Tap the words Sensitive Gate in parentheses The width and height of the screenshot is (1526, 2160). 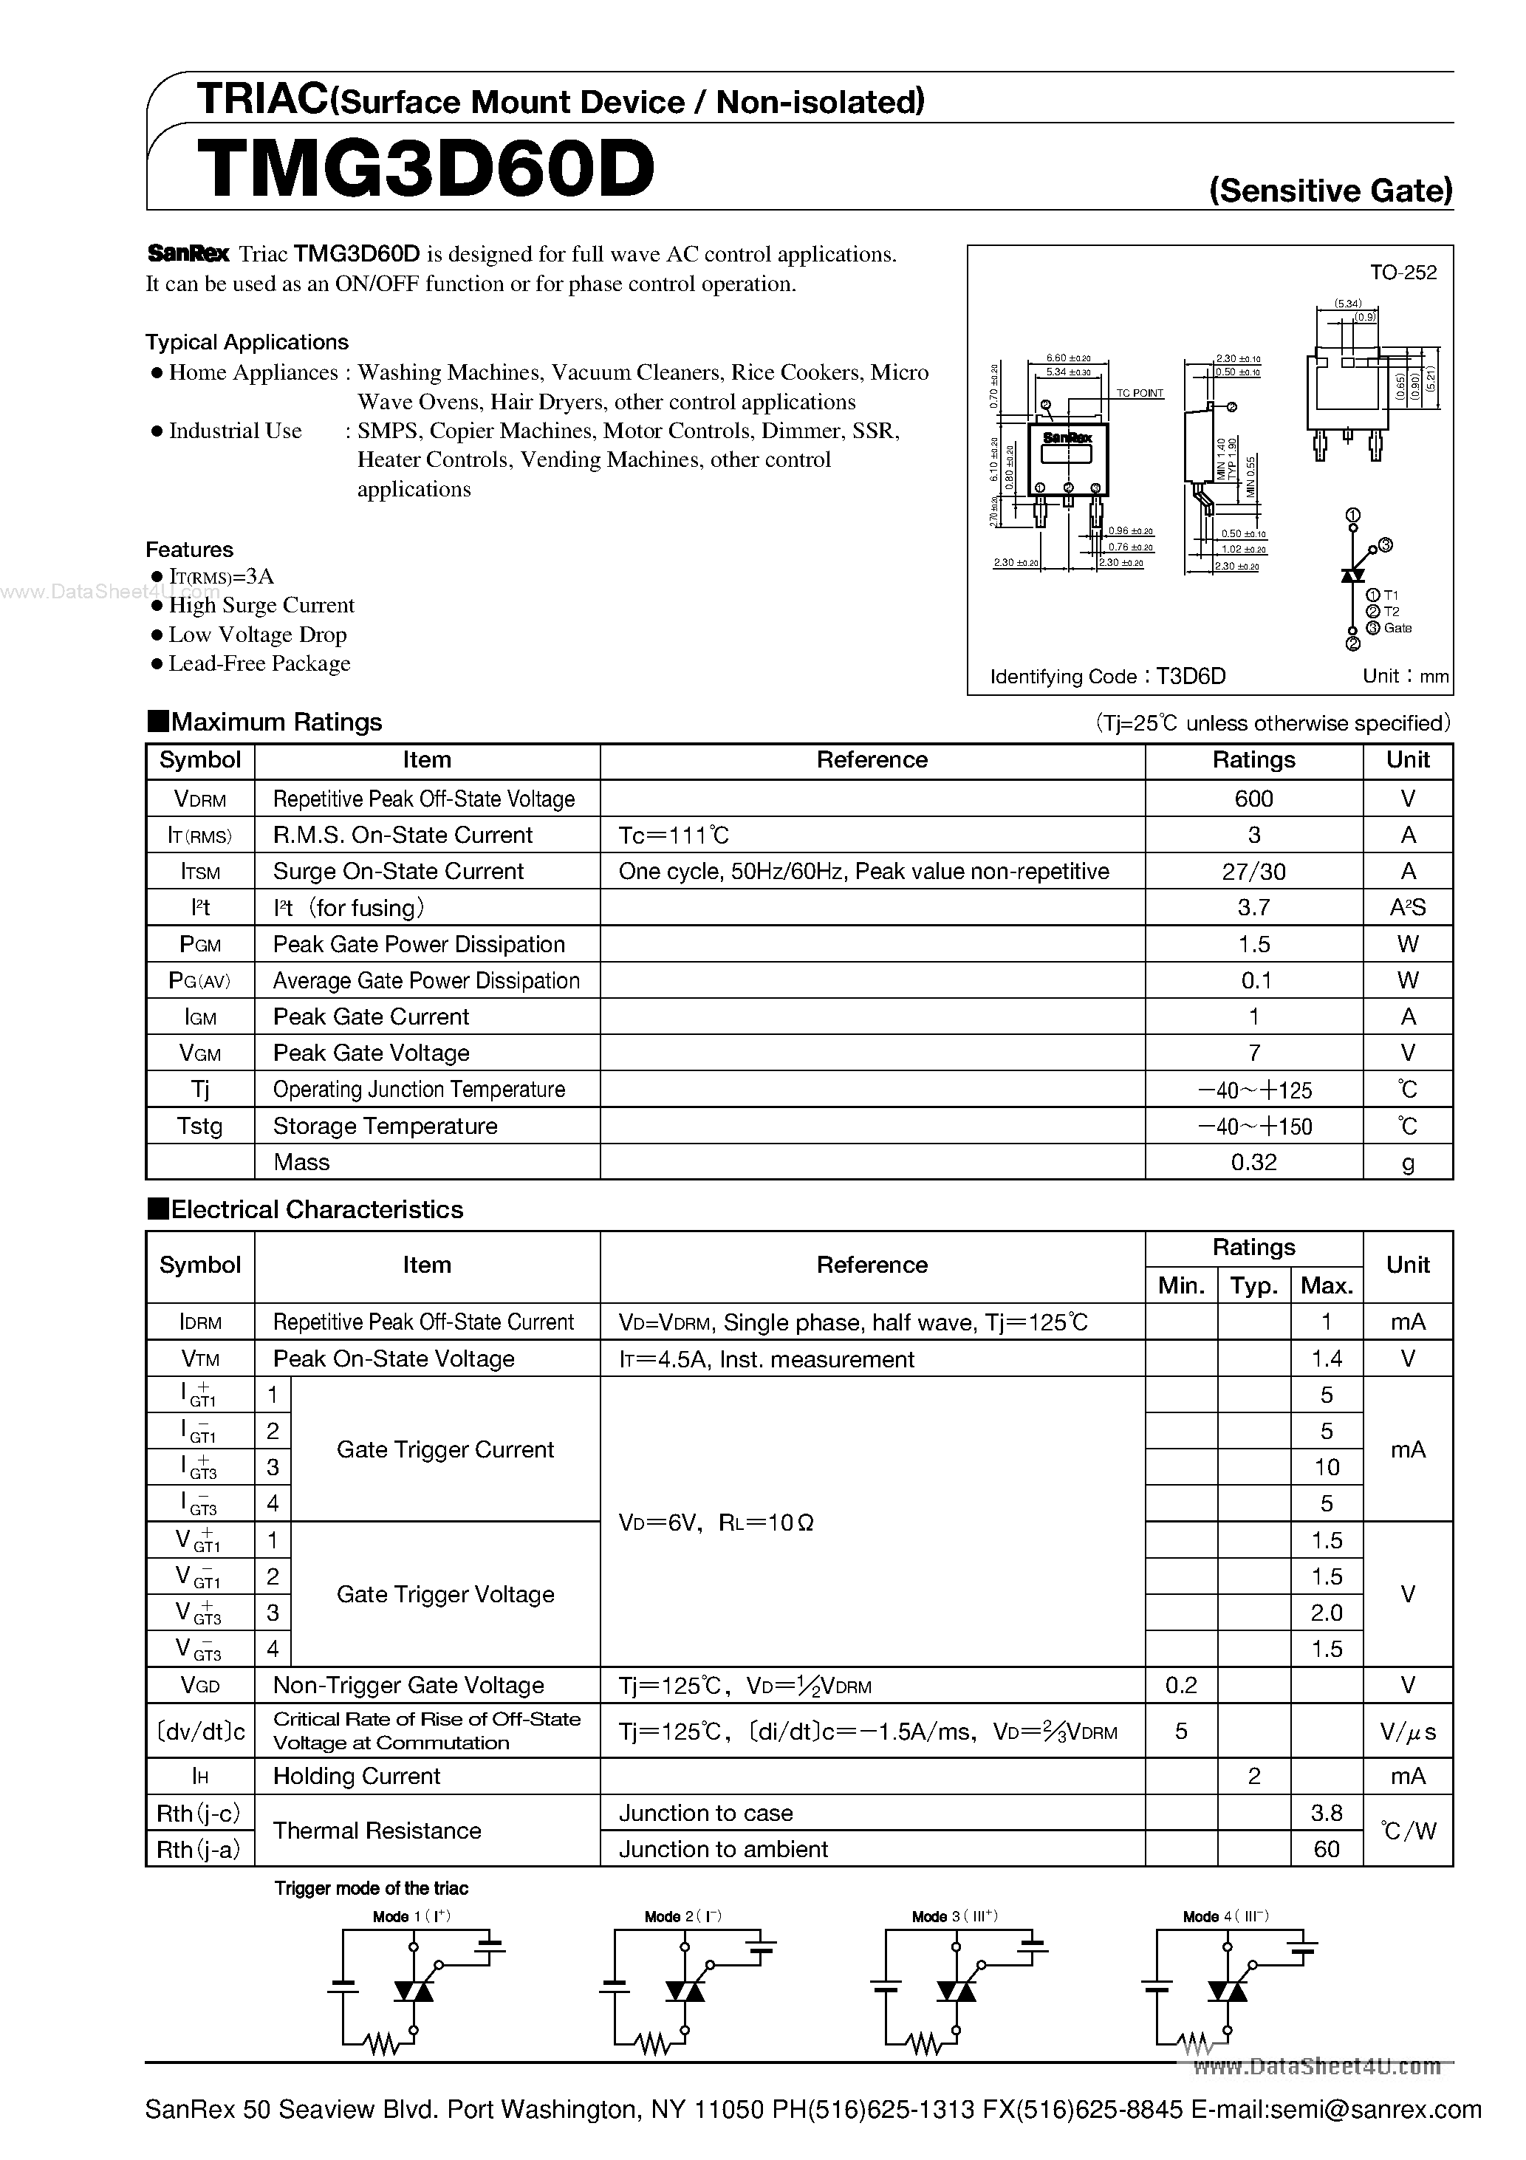click(x=1330, y=191)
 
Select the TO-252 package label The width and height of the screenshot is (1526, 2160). click(x=1403, y=273)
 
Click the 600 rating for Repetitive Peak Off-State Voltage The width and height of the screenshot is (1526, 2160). click(x=1253, y=799)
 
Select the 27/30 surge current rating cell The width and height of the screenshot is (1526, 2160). click(x=1253, y=871)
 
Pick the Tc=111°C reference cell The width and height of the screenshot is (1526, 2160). click(x=674, y=835)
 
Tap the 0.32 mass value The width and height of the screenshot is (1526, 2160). click(x=1253, y=1162)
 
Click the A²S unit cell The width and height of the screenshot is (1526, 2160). click(x=1408, y=908)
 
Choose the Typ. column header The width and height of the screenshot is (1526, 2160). click(x=1253, y=1285)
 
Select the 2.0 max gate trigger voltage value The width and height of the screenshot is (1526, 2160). click(x=1326, y=1613)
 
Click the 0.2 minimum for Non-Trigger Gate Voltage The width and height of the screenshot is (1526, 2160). click(x=1181, y=1685)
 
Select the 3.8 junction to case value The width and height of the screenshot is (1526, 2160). click(x=1326, y=1813)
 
